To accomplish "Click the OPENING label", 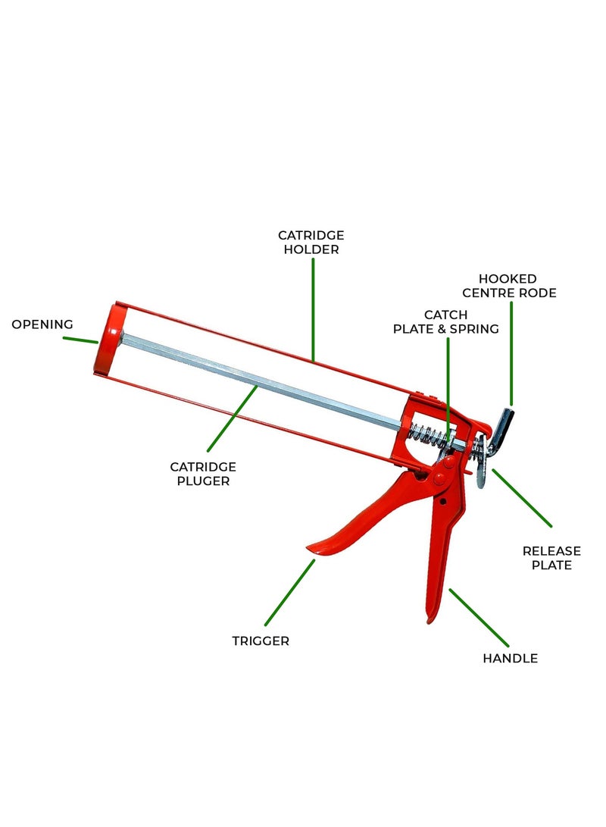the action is pyautogui.click(x=42, y=324).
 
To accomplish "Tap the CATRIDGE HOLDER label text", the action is pyautogui.click(x=311, y=242).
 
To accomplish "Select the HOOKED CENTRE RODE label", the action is pyautogui.click(x=509, y=286).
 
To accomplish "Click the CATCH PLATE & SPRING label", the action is pyautogui.click(x=446, y=321).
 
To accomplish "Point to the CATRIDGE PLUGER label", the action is pyautogui.click(x=203, y=474).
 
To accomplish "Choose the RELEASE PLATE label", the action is pyautogui.click(x=551, y=558).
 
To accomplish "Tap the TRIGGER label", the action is pyautogui.click(x=261, y=641).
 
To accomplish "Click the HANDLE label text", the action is pyautogui.click(x=510, y=658).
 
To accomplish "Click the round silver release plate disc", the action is pyautogui.click(x=480, y=461).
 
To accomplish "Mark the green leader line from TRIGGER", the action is pyautogui.click(x=290, y=593).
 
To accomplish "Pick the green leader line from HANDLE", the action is pyautogui.click(x=479, y=618).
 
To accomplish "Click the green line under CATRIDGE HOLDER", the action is pyautogui.click(x=313, y=309).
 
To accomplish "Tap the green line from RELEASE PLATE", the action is pyautogui.click(x=522, y=498).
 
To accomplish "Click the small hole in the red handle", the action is pyautogui.click(x=443, y=502).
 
